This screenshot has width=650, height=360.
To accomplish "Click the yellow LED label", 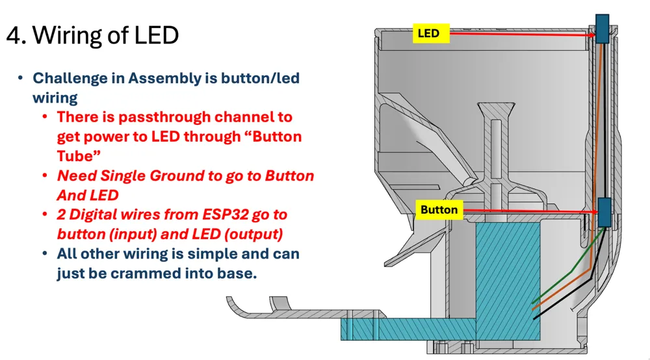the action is tap(431, 33).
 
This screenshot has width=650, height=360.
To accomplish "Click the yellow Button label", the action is tap(439, 210).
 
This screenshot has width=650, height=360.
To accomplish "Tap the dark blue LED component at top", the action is tap(603, 29).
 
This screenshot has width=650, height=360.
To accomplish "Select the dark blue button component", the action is tap(604, 212).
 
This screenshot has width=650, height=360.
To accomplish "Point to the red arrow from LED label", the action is tap(523, 34).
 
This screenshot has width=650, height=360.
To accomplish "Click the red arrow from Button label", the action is tap(530, 212).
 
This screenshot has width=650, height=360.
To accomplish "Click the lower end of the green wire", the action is tap(533, 303).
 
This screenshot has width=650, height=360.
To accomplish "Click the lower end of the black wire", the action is tap(534, 318).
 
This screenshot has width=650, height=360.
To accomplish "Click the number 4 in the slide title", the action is tap(14, 35).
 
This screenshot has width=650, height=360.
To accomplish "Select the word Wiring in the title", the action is tap(67, 35).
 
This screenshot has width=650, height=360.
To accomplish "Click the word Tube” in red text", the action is tap(79, 156).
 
